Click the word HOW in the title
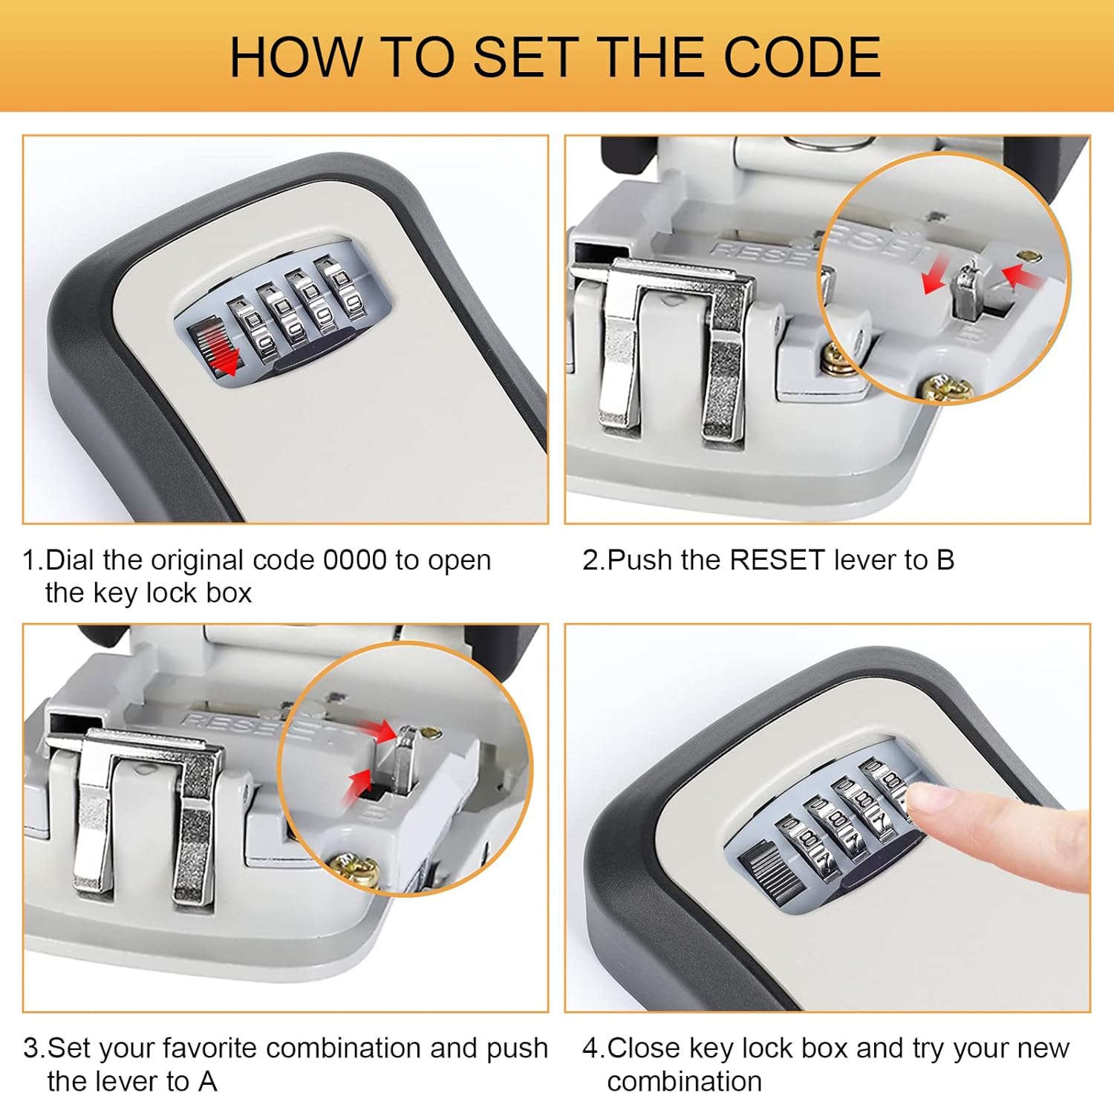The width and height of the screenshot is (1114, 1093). (x=294, y=57)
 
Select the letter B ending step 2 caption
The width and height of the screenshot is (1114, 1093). (x=945, y=560)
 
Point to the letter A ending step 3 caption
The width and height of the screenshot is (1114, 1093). (x=207, y=1080)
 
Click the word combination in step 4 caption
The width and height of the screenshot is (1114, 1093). (x=684, y=1080)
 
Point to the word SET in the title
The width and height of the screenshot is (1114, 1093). (x=526, y=57)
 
